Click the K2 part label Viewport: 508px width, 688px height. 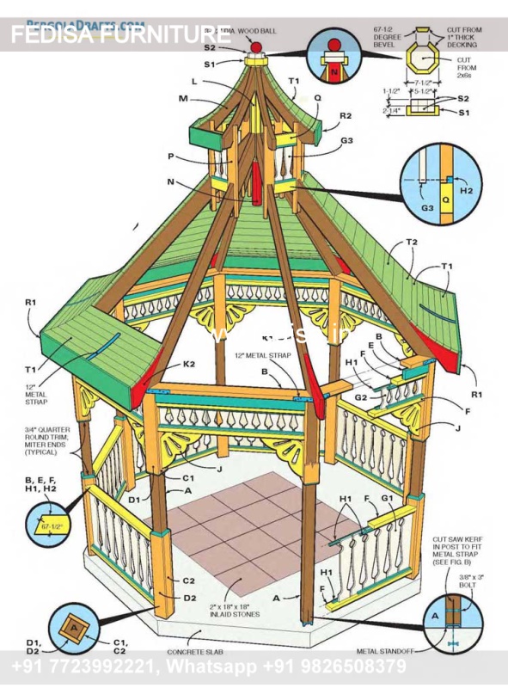click(188, 364)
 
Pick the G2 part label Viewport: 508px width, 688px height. click(362, 397)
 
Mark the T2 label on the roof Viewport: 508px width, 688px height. click(411, 243)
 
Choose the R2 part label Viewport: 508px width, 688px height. click(345, 115)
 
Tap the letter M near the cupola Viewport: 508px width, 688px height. click(182, 100)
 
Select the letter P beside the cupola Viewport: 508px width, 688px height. click(172, 156)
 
